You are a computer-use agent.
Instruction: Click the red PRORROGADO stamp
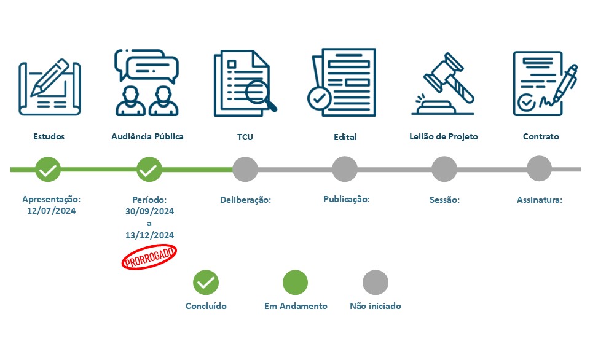(149, 257)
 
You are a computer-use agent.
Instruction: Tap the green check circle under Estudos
(48, 169)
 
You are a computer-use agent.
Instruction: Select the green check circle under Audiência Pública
(148, 169)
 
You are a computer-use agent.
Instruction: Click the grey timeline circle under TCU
(245, 169)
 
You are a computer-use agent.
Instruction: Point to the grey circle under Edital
(345, 169)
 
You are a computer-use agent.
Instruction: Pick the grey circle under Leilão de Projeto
(444, 169)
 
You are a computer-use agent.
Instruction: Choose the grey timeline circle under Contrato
(540, 169)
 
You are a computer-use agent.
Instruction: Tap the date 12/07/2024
(52, 211)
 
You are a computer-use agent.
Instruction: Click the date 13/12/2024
(149, 235)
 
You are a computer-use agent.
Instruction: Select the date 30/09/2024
(149, 211)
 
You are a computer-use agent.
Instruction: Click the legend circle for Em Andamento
(295, 283)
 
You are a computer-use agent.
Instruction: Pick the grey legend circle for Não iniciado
(376, 283)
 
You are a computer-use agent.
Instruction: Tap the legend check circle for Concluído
(206, 283)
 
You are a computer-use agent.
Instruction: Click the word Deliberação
(245, 200)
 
